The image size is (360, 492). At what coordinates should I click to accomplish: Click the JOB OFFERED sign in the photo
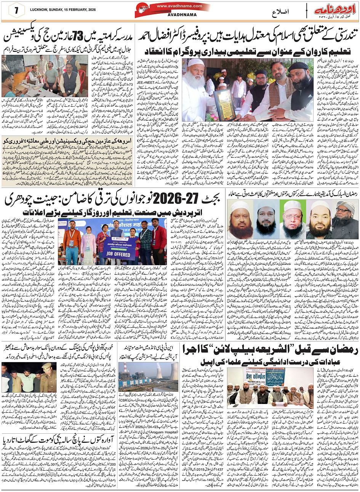[116, 253]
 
